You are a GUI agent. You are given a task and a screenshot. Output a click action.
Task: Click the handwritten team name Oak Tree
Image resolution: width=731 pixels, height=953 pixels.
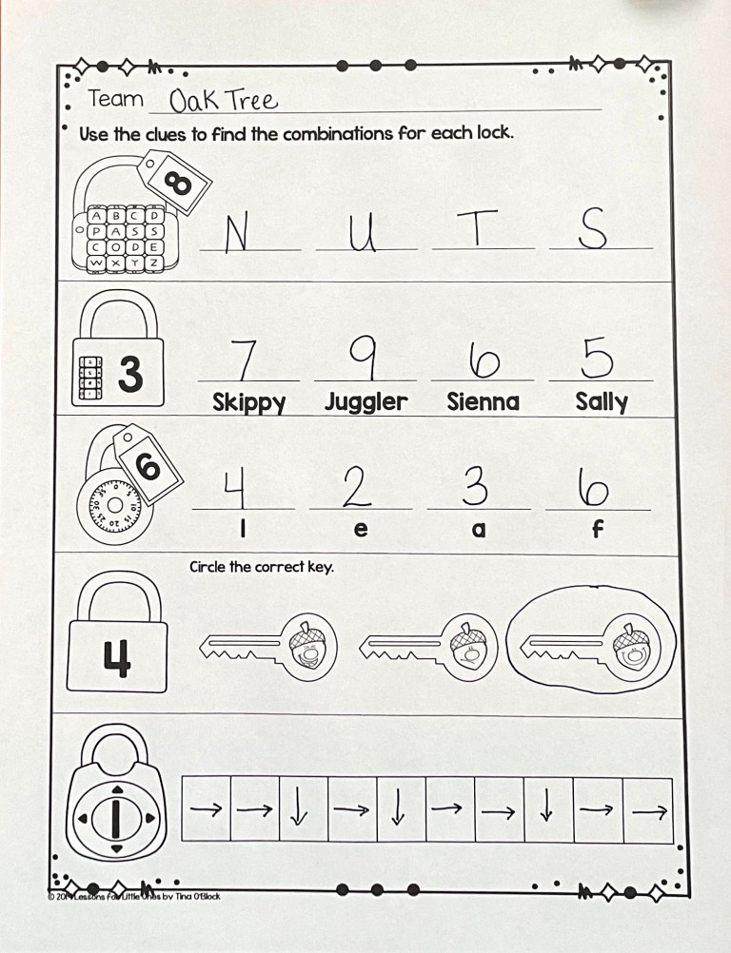click(x=223, y=100)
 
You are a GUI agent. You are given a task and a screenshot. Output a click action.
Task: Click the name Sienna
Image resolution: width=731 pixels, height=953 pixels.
click(x=483, y=402)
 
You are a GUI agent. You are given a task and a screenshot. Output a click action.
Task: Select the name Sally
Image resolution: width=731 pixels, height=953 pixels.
click(x=601, y=402)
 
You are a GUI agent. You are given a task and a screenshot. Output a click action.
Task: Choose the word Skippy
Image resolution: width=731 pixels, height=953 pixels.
click(x=248, y=403)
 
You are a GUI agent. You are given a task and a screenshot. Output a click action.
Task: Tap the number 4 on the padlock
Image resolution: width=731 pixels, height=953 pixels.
click(x=116, y=657)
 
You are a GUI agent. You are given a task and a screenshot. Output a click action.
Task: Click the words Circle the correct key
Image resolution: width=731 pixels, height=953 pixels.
click(x=261, y=567)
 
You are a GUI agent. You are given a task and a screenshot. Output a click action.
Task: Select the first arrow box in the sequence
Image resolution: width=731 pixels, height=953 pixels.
click(x=206, y=810)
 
